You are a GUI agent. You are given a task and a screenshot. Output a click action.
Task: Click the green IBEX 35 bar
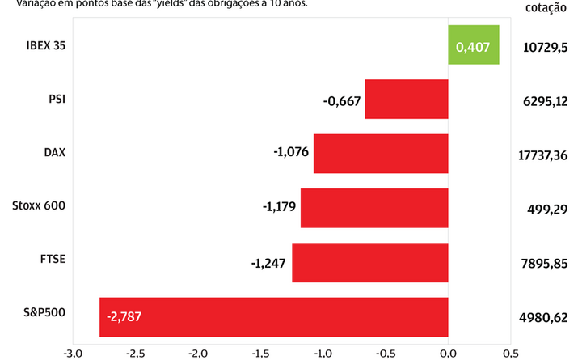pos(474,45)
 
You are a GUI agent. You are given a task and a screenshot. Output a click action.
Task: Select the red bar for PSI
pos(407,100)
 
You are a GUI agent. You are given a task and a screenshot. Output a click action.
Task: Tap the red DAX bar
pos(381,154)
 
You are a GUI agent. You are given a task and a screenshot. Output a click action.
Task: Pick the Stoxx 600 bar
pos(374,208)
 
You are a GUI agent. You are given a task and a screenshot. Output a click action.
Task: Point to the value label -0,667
pos(342,101)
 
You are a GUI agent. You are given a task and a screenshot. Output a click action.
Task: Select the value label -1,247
pos(269,263)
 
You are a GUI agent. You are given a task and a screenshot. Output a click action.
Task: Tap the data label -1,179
pos(278,208)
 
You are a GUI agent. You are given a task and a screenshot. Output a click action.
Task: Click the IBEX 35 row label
pos(44,45)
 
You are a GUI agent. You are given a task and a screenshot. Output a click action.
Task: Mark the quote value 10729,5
pos(546,48)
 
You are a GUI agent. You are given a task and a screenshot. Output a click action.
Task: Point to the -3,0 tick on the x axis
pos(73,353)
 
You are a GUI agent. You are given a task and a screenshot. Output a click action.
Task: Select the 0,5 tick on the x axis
pos(510,353)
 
